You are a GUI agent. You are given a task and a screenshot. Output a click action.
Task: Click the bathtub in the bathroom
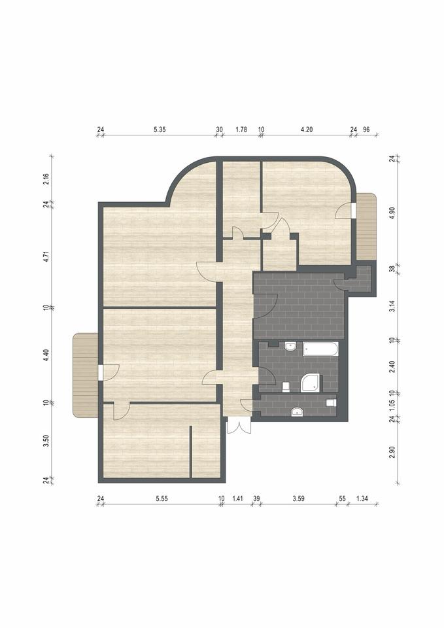click(320, 349)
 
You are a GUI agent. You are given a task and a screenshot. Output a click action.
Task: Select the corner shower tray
click(311, 383)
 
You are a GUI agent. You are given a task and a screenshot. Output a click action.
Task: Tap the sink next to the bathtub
click(290, 347)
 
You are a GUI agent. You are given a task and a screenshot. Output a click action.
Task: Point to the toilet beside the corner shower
click(286, 387)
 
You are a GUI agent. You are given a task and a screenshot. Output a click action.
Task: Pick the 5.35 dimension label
click(160, 130)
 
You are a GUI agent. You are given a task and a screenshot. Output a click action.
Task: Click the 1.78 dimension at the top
click(241, 130)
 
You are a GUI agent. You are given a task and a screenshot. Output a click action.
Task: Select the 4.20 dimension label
click(306, 130)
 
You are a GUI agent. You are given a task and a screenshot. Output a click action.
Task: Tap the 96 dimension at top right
click(366, 130)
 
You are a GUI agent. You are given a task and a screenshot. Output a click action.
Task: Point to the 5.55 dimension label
click(162, 498)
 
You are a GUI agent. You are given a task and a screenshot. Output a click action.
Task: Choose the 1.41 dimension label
click(238, 498)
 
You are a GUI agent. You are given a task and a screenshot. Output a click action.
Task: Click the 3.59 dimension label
click(298, 498)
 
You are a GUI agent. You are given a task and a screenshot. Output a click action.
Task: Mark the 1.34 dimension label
click(362, 498)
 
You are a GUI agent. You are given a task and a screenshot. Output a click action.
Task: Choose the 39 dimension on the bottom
click(256, 498)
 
